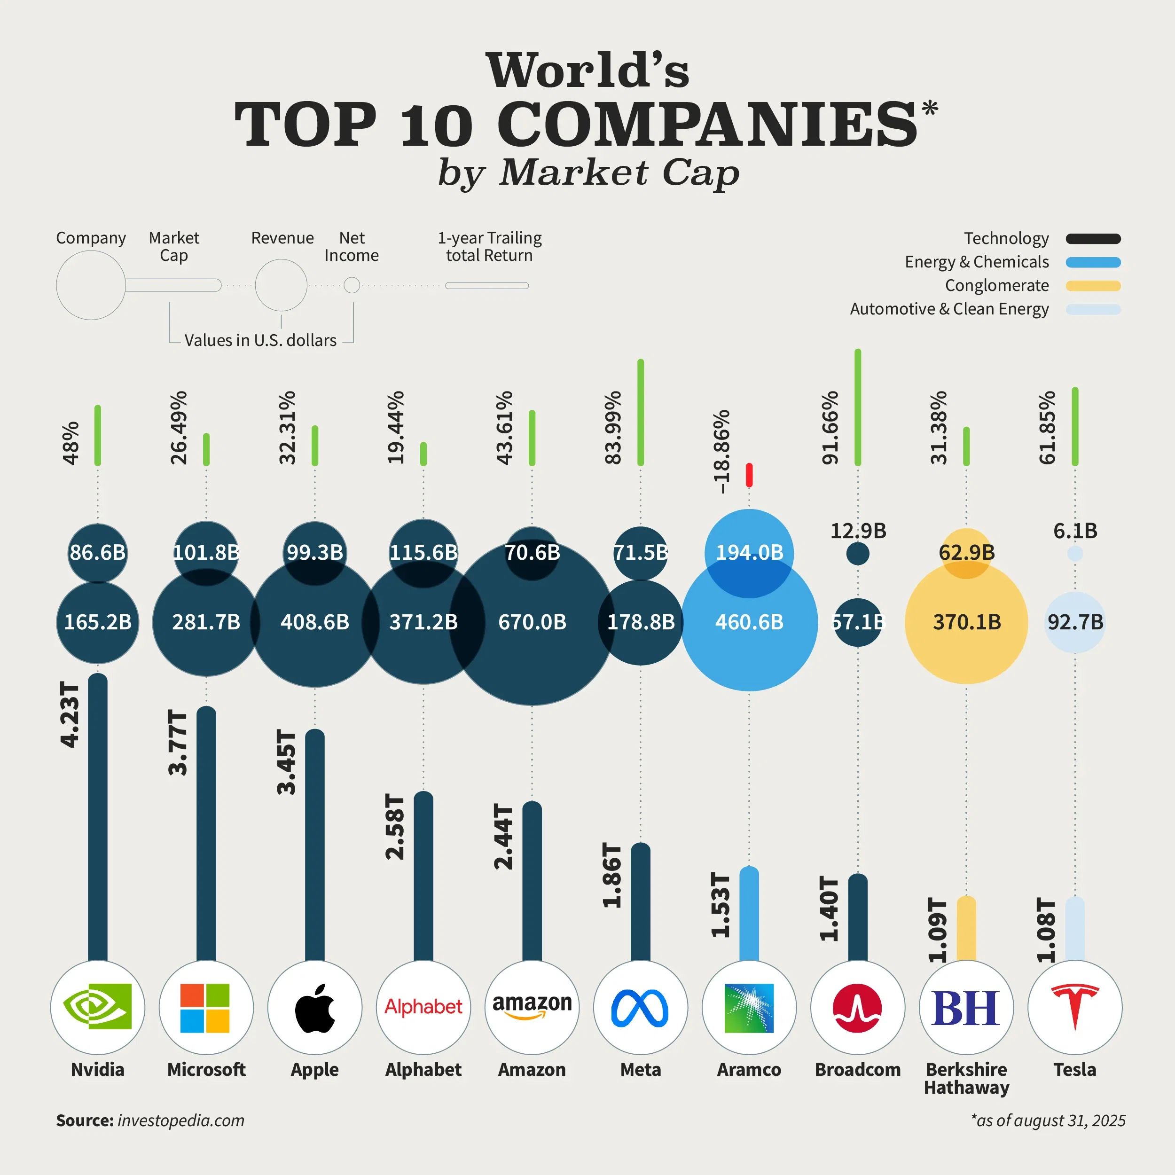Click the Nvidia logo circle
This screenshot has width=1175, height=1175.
pyautogui.click(x=97, y=1007)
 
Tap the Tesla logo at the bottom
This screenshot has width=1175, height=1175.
pyautogui.click(x=1074, y=1007)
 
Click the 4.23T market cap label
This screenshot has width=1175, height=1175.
pyautogui.click(x=70, y=714)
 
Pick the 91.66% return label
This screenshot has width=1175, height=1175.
pyautogui.click(x=830, y=428)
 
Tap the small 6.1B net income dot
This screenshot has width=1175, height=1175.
pyautogui.click(x=1074, y=554)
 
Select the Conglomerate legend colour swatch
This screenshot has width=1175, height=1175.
pyautogui.click(x=1093, y=286)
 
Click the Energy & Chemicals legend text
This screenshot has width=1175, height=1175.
pyautogui.click(x=976, y=262)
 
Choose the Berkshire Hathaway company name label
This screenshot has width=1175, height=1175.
pyautogui.click(x=966, y=1078)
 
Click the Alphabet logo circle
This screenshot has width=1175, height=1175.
pyautogui.click(x=423, y=1007)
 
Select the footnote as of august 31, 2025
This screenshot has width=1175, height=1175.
pyautogui.click(x=1048, y=1120)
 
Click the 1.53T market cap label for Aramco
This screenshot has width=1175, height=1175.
pyautogui.click(x=721, y=905)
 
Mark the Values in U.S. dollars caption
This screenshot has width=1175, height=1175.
pyautogui.click(x=260, y=341)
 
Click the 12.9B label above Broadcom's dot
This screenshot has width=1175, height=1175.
pyautogui.click(x=858, y=531)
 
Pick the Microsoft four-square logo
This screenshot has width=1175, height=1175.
pyautogui.click(x=205, y=1008)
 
